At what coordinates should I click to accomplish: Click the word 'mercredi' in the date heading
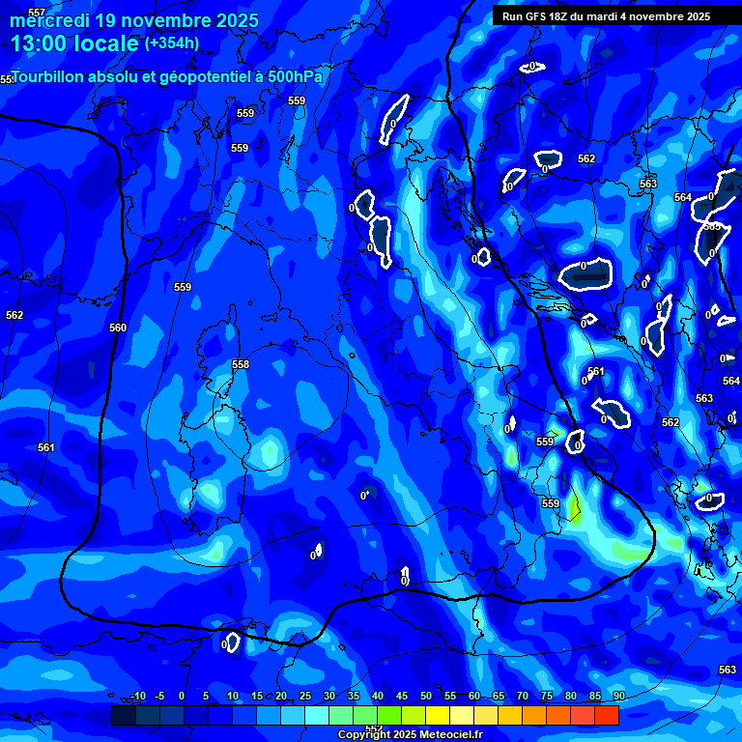click(51, 20)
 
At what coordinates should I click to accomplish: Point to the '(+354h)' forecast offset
click(172, 43)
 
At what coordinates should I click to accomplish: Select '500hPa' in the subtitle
click(292, 76)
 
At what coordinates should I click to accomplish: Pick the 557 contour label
click(37, 13)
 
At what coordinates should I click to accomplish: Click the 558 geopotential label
click(241, 364)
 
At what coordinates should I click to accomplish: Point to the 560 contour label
click(118, 328)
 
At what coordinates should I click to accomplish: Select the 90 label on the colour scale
click(618, 697)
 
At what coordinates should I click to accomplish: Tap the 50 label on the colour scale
click(426, 697)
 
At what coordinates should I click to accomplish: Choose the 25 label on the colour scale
click(305, 697)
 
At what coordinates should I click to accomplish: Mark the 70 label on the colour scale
click(523, 697)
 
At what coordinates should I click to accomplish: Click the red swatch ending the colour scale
click(607, 715)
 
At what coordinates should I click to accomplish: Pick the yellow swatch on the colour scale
click(438, 715)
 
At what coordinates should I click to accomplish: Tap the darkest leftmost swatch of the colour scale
click(123, 715)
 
